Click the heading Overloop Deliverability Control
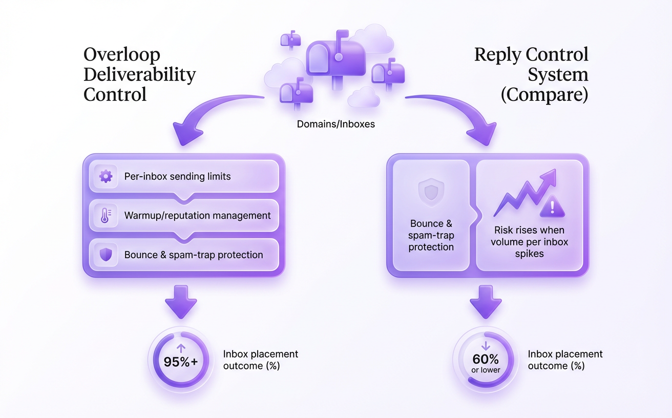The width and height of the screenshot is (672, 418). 139,75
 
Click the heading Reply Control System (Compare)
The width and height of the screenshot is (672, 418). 531,75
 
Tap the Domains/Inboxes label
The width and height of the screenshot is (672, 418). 335,124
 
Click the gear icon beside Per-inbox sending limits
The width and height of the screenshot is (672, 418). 106,177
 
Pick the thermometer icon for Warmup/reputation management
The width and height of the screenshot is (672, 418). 106,216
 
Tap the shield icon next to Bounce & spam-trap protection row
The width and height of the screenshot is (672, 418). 106,255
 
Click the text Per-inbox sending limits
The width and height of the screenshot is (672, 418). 177,177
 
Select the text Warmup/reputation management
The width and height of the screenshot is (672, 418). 197,216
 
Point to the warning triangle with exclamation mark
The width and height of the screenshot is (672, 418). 552,207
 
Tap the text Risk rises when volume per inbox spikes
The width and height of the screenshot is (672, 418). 530,242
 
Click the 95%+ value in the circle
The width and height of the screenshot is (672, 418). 180,361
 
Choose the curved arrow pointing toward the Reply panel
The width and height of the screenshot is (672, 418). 456,115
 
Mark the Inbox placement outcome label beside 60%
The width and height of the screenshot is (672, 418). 565,360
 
